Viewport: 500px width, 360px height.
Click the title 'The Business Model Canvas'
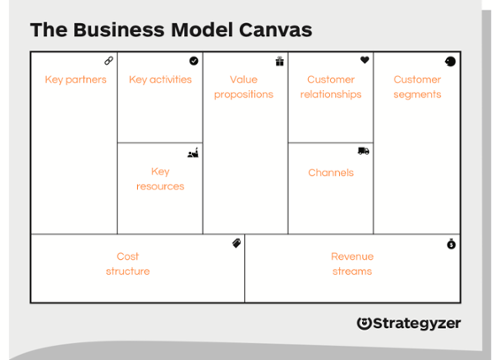pyautogui.click(x=170, y=29)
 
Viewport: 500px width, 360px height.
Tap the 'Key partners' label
pyautogui.click(x=75, y=80)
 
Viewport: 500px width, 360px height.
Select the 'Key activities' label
pyautogui.click(x=160, y=80)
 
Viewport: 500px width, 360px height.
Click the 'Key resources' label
pyautogui.click(x=160, y=179)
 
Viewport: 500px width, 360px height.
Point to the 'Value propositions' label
pyautogui.click(x=243, y=87)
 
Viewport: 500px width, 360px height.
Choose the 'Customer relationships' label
pyautogui.click(x=330, y=87)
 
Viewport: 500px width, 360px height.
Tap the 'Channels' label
pyautogui.click(x=330, y=172)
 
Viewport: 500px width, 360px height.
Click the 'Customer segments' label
pyautogui.click(x=416, y=87)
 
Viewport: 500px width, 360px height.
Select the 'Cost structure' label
pyautogui.click(x=128, y=264)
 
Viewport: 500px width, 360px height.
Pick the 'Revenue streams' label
pyautogui.click(x=352, y=264)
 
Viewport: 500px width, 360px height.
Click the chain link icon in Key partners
pyautogui.click(x=109, y=61)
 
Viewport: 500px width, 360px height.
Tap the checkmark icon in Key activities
pyautogui.click(x=194, y=61)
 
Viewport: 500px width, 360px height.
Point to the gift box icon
pyautogui.click(x=280, y=61)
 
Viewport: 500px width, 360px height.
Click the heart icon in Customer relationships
pyautogui.click(x=365, y=61)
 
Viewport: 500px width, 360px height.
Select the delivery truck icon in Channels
pyautogui.click(x=363, y=151)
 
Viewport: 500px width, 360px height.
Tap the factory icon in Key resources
pyautogui.click(x=193, y=153)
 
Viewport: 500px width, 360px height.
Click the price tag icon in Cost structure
pyautogui.click(x=237, y=243)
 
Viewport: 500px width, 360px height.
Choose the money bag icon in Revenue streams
pyautogui.click(x=451, y=244)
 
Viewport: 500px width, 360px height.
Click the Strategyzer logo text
pyautogui.click(x=416, y=323)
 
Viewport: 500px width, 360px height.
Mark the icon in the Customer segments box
pyautogui.click(x=451, y=61)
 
